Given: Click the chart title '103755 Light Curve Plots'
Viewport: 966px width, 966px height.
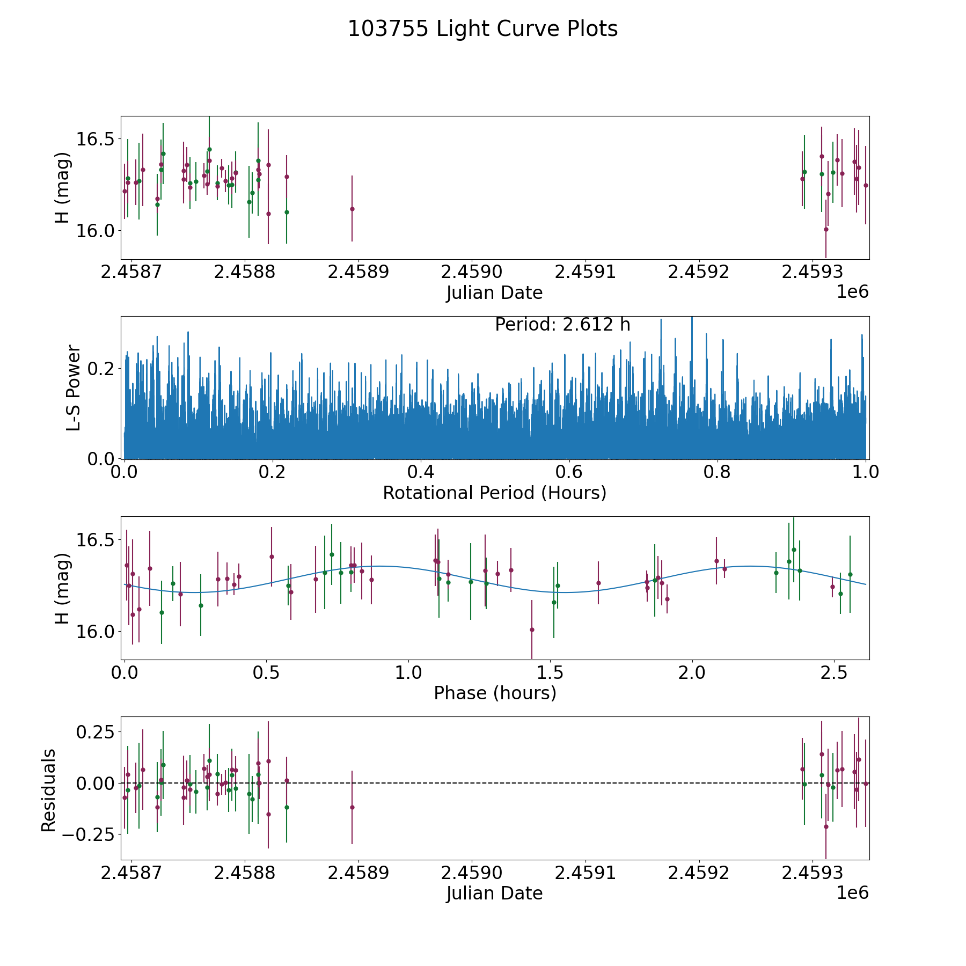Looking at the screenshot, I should [x=482, y=29].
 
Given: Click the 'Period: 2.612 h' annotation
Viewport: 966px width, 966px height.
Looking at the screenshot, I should [x=562, y=325].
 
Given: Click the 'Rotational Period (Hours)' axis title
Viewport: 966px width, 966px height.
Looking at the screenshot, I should [x=494, y=493].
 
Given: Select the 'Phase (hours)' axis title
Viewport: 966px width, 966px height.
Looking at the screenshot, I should [x=494, y=693].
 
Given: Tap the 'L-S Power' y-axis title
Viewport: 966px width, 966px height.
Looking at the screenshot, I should [x=74, y=387].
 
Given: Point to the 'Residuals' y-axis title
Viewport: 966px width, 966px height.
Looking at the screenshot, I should [x=49, y=790].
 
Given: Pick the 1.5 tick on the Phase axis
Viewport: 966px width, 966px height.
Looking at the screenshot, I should [x=550, y=674].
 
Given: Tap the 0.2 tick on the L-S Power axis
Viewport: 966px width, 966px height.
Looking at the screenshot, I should [x=100, y=369].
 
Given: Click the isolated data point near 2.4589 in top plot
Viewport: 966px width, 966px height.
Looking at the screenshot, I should [x=352, y=209].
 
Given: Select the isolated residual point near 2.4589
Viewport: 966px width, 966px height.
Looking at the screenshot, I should [x=352, y=807].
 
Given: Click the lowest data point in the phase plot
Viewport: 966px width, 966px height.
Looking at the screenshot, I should [x=532, y=630].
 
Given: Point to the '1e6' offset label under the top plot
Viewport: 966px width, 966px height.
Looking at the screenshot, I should [x=852, y=292].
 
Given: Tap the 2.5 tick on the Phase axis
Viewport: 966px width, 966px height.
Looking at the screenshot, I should [x=833, y=674].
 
